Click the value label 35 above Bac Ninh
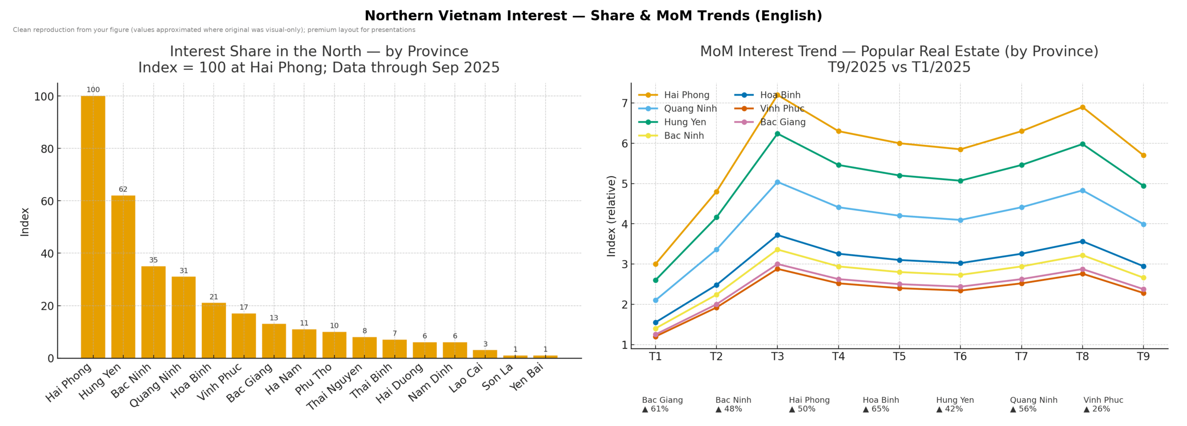pyautogui.click(x=153, y=260)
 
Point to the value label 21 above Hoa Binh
pyautogui.click(x=214, y=297)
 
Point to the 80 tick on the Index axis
pyautogui.click(x=47, y=149)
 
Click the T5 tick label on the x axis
pyautogui.click(x=899, y=356)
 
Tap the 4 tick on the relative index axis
pyautogui.click(x=625, y=224)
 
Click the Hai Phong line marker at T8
pyautogui.click(x=1082, y=107)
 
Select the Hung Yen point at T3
pyautogui.click(x=778, y=134)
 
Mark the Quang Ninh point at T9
pyautogui.click(x=1143, y=224)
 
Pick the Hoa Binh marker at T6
pyautogui.click(x=960, y=263)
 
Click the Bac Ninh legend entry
pyautogui.click(x=683, y=136)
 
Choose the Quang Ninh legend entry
pyautogui.click(x=690, y=109)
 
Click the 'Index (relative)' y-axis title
pyautogui.click(x=611, y=216)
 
